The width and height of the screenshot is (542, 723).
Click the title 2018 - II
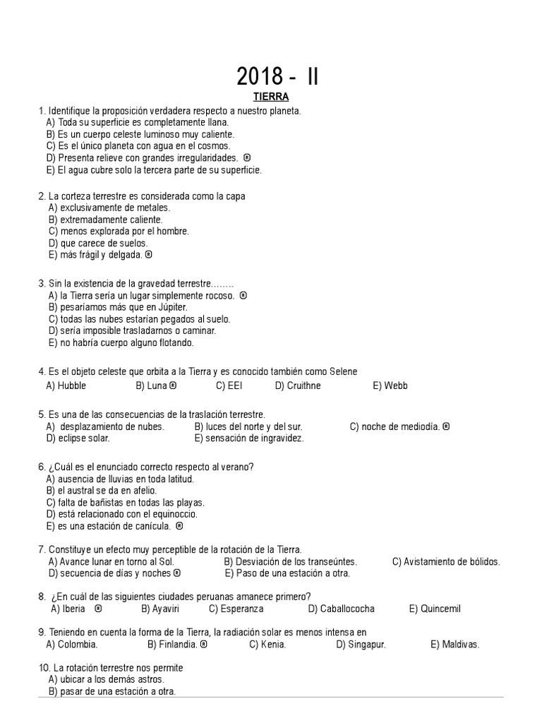click(277, 76)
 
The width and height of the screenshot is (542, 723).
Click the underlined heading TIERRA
click(272, 97)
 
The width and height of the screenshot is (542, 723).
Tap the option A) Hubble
click(66, 386)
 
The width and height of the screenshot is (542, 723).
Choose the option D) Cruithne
click(298, 386)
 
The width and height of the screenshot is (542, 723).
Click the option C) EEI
click(229, 386)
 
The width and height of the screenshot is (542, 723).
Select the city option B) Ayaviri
click(159, 609)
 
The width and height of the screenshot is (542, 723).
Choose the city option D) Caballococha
click(342, 609)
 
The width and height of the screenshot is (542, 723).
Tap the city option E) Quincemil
click(435, 609)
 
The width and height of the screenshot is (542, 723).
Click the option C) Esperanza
click(236, 609)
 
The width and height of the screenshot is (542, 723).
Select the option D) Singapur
click(361, 645)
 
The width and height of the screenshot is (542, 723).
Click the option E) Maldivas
click(454, 645)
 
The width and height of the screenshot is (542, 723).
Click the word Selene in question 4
click(341, 371)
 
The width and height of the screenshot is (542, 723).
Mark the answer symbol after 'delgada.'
click(149, 255)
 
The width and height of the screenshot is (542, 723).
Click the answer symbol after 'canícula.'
click(179, 526)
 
